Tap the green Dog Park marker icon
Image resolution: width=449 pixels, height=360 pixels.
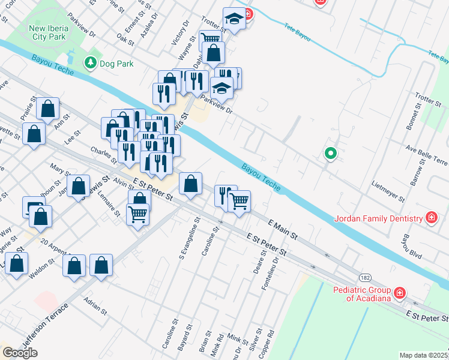click(91, 62)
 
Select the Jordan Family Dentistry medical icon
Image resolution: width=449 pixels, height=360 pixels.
click(431, 217)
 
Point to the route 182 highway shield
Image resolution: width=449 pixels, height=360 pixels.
click(365, 277)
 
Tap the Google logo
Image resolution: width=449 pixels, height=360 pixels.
click(20, 353)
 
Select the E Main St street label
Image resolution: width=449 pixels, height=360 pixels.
click(283, 229)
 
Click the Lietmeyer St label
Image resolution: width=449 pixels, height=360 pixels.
click(388, 191)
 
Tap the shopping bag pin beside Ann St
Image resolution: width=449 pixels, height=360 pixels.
click(47, 109)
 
